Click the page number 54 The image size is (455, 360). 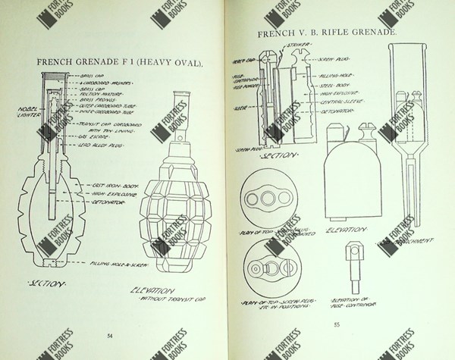[x=111, y=335]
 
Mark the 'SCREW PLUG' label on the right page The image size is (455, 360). [x=331, y=59]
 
